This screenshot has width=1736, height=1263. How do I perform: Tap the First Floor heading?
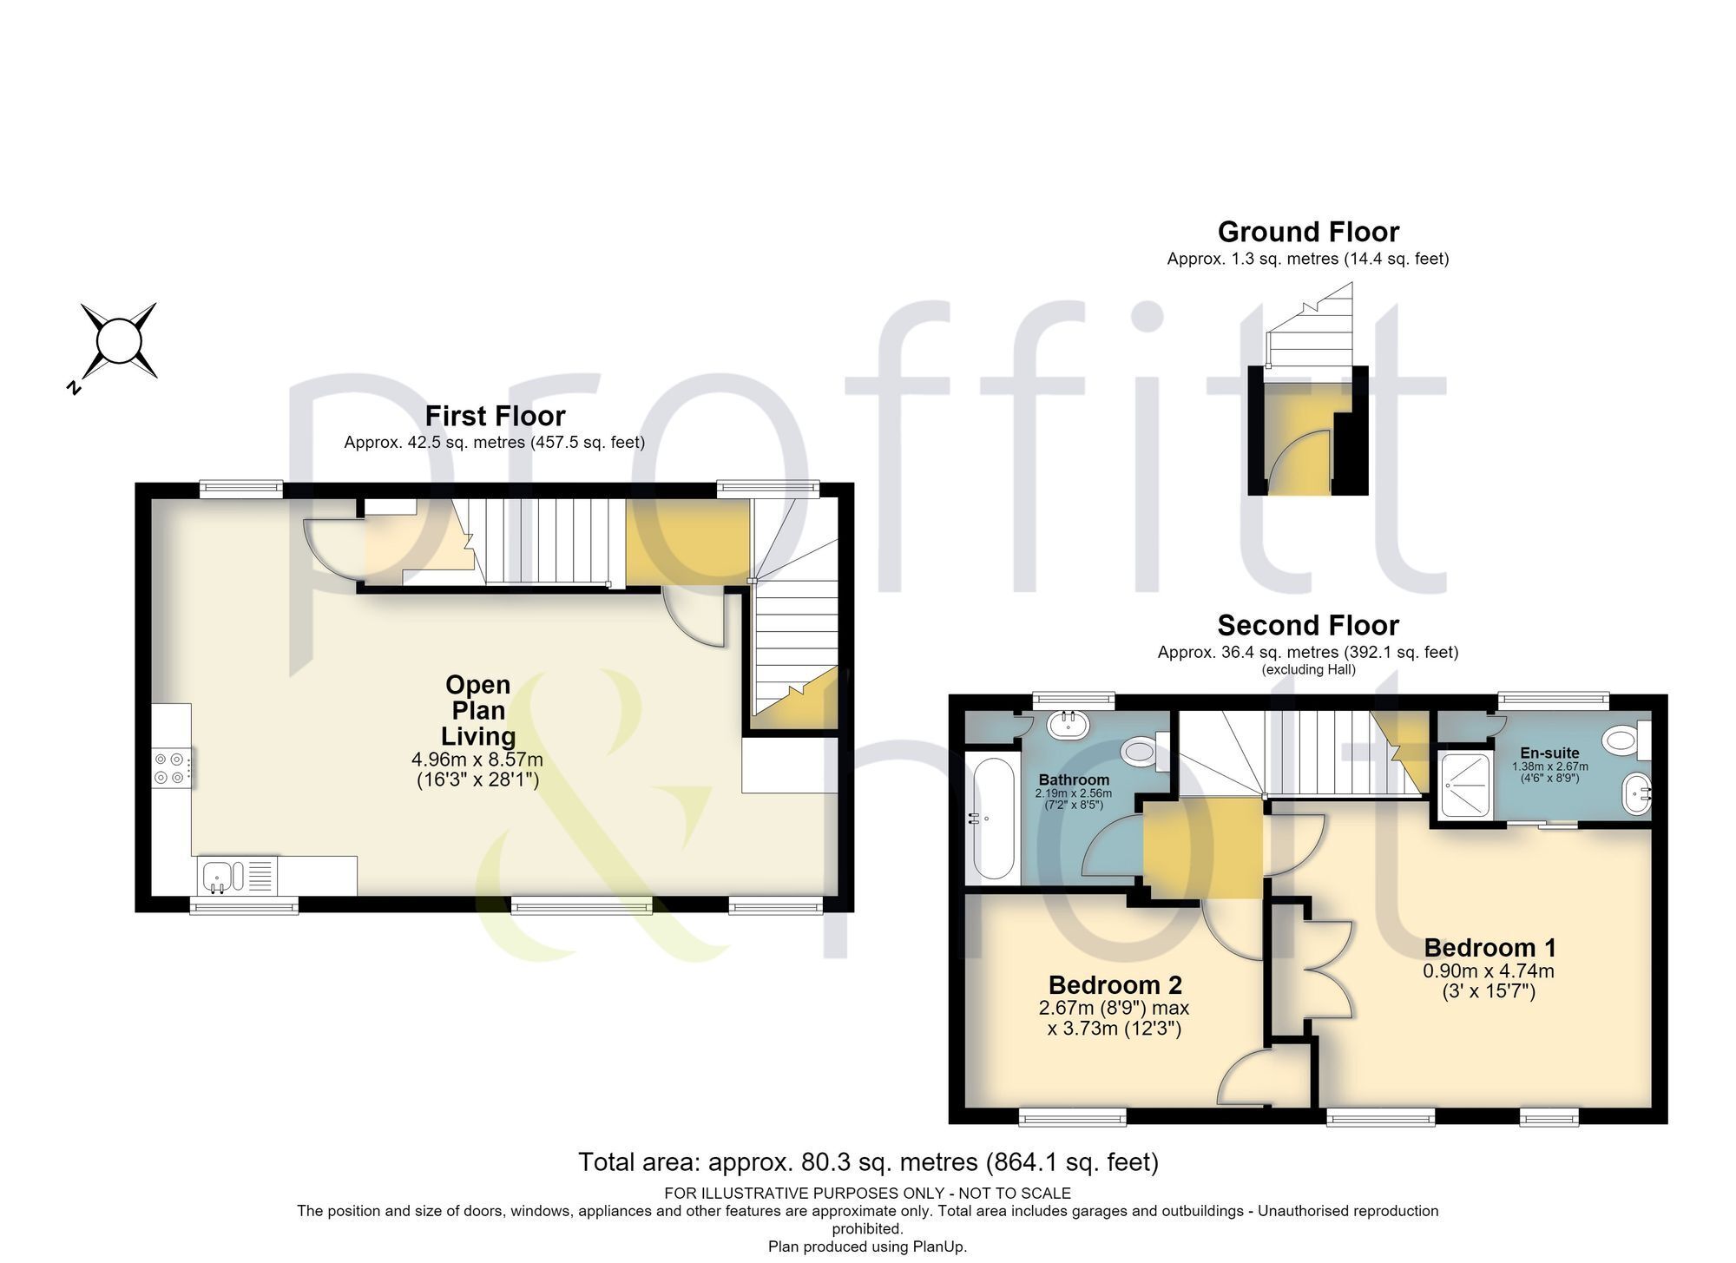click(495, 416)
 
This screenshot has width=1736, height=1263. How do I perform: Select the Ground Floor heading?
click(1308, 232)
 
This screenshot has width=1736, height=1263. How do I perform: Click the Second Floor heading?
click(1308, 625)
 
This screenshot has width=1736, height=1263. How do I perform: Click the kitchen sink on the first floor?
click(217, 877)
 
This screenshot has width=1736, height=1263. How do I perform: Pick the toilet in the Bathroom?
click(1144, 752)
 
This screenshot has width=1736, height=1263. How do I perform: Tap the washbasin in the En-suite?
click(1637, 793)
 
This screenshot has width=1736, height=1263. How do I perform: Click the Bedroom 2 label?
click(1115, 985)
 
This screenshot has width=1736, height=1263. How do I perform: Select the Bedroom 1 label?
click(1489, 947)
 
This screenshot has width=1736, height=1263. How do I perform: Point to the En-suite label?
click(1549, 753)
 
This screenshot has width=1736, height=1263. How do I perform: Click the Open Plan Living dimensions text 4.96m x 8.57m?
click(477, 760)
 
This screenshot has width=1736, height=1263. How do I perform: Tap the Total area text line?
click(868, 1161)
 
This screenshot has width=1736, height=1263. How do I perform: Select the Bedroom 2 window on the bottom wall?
click(1072, 1116)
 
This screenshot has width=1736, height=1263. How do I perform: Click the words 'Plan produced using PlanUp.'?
click(868, 1247)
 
